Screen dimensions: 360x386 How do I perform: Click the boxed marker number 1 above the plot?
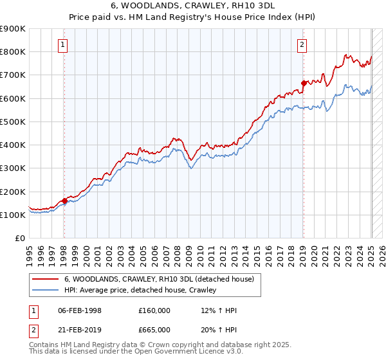[x=63, y=44]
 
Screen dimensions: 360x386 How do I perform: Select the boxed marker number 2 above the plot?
[x=302, y=44]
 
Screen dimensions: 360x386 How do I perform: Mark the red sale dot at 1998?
[x=64, y=201]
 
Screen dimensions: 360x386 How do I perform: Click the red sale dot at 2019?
[x=304, y=83]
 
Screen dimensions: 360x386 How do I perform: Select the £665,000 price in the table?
[x=154, y=329]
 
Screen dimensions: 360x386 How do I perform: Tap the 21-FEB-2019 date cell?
[x=80, y=329]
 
